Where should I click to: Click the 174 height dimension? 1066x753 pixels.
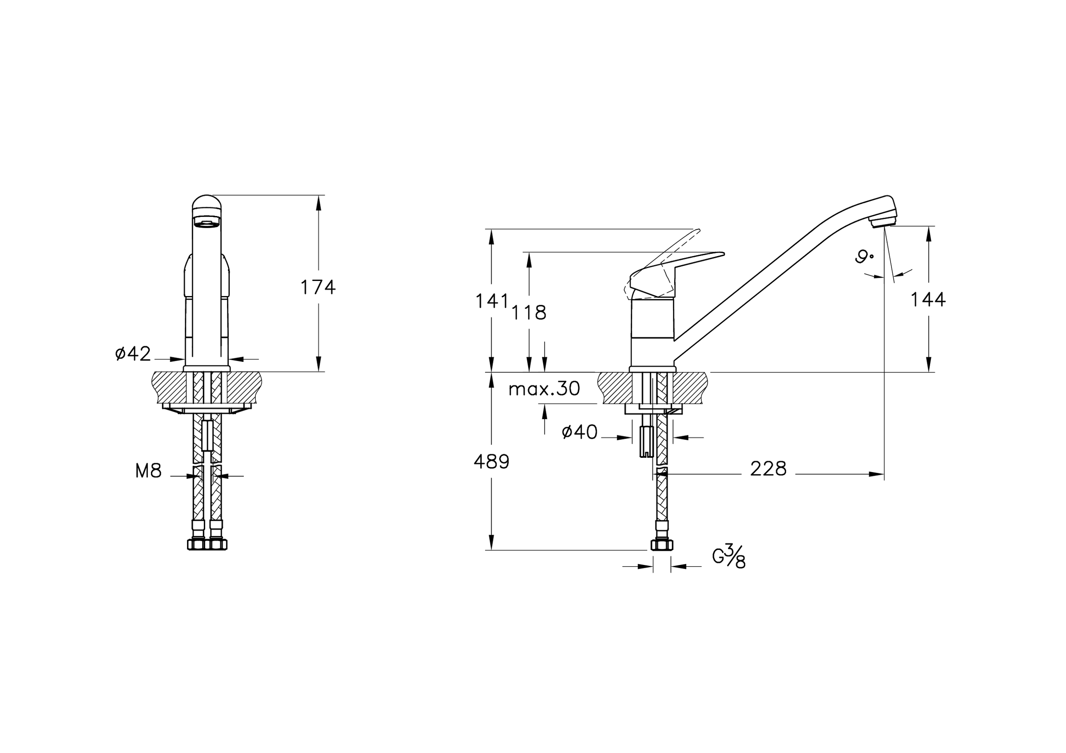[318, 287]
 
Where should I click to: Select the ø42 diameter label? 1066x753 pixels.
[133, 353]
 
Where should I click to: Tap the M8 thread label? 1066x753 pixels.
[148, 472]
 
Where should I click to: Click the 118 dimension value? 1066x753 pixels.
[529, 313]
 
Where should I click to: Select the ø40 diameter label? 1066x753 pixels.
[580, 432]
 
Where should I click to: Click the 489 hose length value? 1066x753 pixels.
[492, 462]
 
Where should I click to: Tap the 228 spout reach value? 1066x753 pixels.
[768, 469]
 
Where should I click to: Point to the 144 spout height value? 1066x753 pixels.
[928, 300]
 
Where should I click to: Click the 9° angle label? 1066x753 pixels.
[864, 257]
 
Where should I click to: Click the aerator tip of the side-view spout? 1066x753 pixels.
[883, 222]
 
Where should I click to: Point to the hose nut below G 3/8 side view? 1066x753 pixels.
[662, 545]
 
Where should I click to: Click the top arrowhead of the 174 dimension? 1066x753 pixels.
[318, 203]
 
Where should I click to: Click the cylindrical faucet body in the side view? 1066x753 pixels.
[652, 332]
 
